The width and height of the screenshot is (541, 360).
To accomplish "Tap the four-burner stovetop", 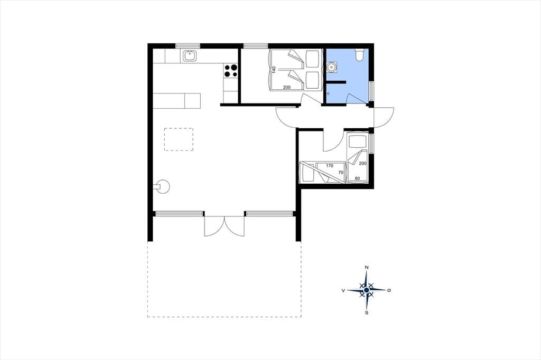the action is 231,71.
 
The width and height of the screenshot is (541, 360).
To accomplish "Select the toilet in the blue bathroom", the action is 359,54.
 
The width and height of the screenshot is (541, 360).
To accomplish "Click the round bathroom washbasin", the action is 332,67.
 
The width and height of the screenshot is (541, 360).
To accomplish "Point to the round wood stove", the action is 163,186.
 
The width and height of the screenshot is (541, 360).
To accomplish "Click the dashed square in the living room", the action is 179,139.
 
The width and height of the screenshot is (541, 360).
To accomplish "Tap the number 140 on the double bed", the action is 274,70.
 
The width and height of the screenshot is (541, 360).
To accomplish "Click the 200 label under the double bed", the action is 287,88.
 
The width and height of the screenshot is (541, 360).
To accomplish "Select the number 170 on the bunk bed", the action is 330,166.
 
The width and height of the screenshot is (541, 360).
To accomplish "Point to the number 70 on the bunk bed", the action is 341,172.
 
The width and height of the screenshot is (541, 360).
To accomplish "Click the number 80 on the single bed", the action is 357,178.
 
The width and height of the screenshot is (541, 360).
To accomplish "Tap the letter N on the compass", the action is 367,268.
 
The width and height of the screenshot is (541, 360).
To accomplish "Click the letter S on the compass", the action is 367,313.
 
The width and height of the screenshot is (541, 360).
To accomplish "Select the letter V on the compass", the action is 343,291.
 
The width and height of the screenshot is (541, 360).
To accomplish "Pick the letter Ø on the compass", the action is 389,290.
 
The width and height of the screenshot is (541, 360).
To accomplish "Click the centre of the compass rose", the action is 367,290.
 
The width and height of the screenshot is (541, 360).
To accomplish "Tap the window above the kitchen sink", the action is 188,45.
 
